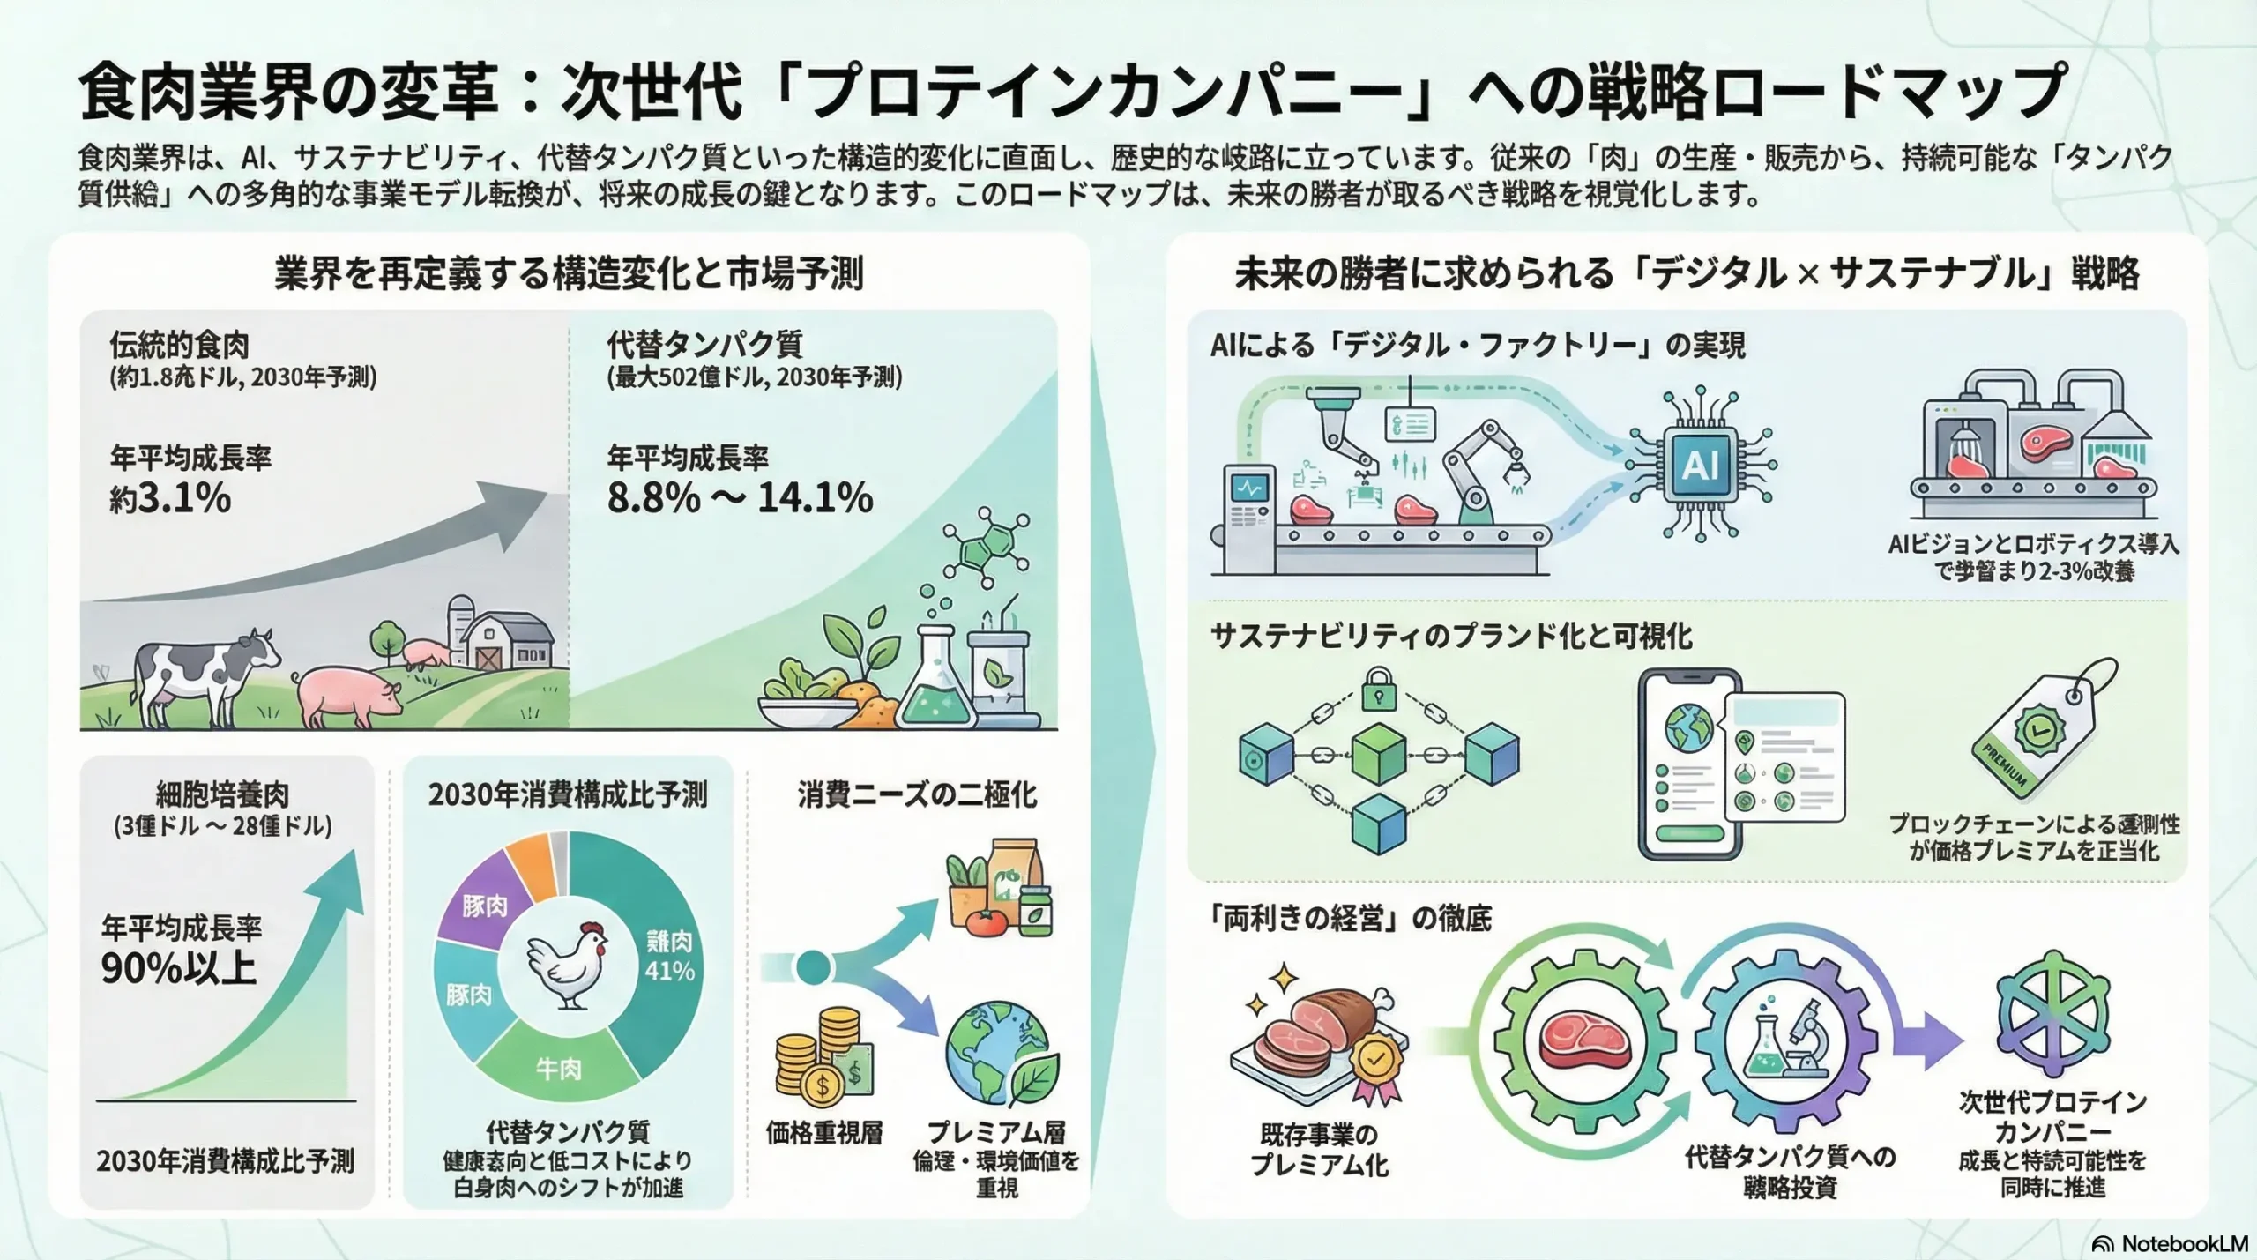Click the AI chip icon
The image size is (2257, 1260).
(x=1700, y=465)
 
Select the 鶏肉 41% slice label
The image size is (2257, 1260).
(x=669, y=956)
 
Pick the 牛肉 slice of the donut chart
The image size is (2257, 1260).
(x=558, y=1069)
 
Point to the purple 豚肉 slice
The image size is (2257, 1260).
(x=484, y=906)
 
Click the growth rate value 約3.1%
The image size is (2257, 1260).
(x=170, y=498)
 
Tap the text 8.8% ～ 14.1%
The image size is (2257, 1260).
(x=740, y=498)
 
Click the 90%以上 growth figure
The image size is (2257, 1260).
(x=178, y=968)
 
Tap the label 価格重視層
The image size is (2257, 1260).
(x=823, y=1132)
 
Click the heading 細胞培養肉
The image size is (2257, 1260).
(x=222, y=794)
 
